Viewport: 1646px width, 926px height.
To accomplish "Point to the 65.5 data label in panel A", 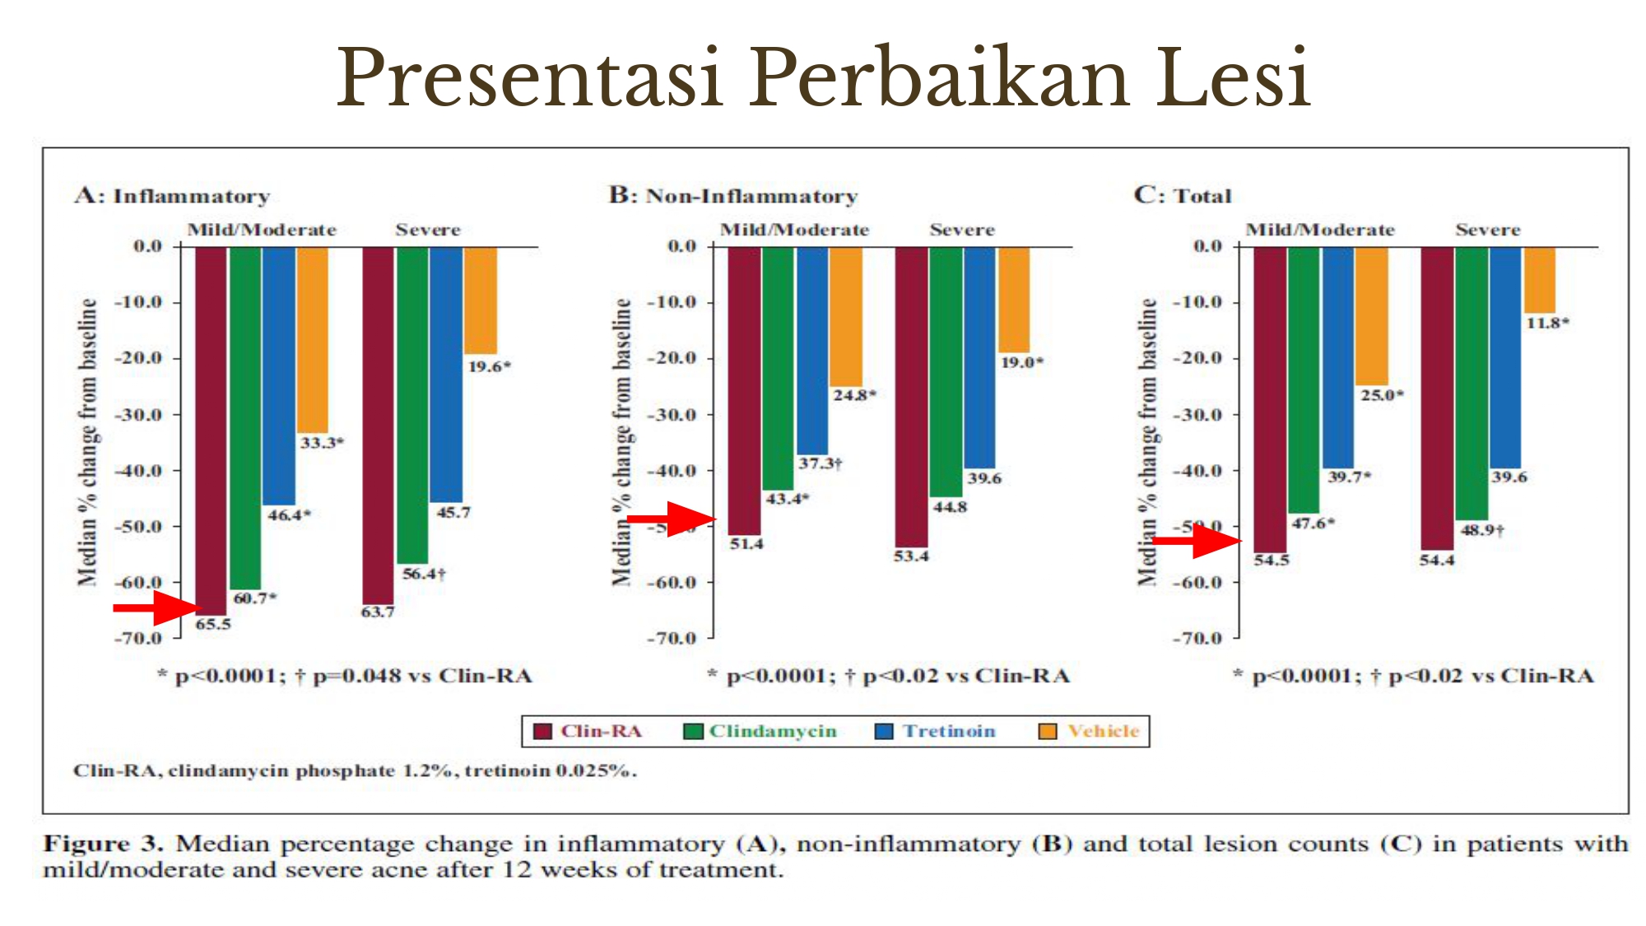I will coord(213,624).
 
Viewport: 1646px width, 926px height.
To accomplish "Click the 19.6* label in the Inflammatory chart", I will coord(489,366).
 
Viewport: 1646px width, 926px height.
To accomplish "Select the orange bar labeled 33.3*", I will coord(313,339).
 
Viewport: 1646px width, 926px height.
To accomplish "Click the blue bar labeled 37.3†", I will coord(812,350).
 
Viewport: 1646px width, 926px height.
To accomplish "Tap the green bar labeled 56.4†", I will coord(412,403).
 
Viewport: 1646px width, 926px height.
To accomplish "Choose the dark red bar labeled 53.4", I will coord(912,395).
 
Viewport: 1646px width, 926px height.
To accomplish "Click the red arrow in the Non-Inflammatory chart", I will coord(673,519).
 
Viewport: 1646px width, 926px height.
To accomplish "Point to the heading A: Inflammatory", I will coord(172,196).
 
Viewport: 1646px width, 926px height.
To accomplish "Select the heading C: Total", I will coord(1183,195).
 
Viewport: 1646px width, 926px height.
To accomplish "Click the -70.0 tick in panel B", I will coord(672,638).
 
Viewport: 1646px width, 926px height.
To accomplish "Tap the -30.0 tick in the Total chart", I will coord(1197,414).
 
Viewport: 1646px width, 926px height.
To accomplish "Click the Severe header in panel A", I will coord(428,230).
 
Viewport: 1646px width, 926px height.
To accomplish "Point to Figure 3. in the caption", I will coord(103,844).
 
